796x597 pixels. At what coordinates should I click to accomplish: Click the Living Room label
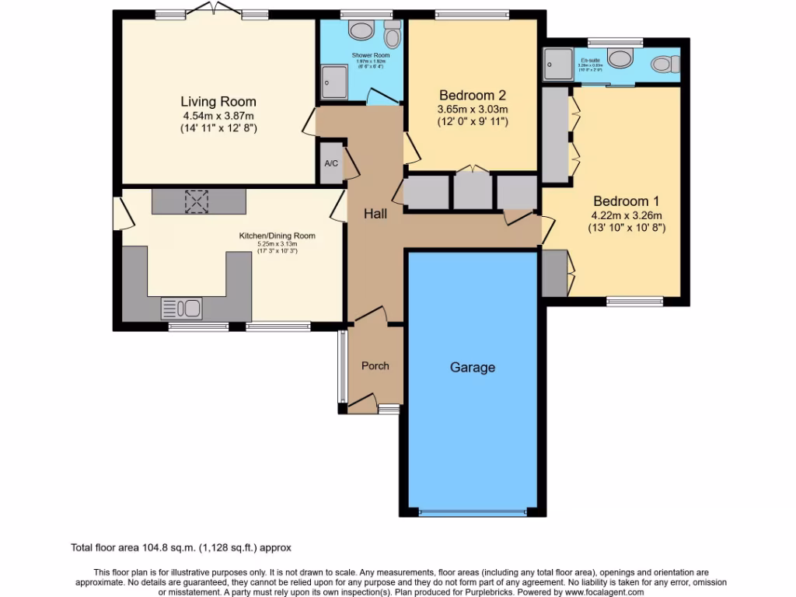point(218,102)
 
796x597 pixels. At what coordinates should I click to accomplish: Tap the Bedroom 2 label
point(473,96)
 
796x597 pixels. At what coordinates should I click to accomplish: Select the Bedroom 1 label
point(627,199)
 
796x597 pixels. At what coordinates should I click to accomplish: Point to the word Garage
point(472,368)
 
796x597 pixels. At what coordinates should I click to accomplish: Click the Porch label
point(375,366)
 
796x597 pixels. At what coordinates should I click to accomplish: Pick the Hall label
point(375,214)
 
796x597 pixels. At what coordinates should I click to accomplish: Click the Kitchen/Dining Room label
point(288,236)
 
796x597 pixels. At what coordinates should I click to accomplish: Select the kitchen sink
point(181,309)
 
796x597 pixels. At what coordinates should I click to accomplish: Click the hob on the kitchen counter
point(197,201)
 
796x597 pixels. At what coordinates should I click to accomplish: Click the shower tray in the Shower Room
point(335,79)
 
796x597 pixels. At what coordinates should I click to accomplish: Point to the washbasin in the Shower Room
point(361,31)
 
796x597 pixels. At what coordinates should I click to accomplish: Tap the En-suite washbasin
point(620,58)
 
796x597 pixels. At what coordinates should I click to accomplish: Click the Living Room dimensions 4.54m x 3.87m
point(218,116)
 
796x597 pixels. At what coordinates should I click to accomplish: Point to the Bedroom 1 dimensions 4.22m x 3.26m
point(627,215)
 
